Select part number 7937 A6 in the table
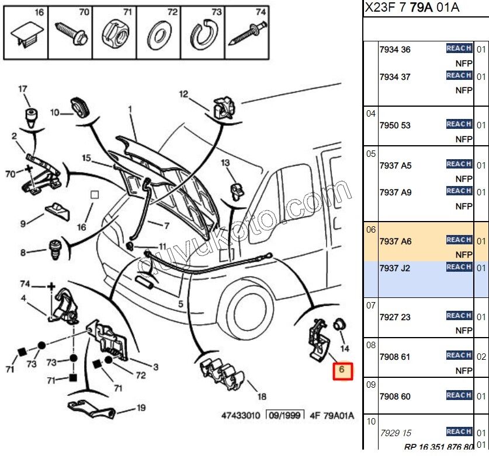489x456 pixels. (x=396, y=241)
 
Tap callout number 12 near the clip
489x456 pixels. (x=183, y=94)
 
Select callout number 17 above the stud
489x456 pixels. (x=23, y=89)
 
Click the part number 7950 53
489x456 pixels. (x=396, y=125)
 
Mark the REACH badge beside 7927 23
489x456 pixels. (x=459, y=316)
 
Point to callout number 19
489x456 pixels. (x=141, y=408)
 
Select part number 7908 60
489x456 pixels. (x=396, y=397)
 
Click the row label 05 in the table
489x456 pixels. (x=371, y=154)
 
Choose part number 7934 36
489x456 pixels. (x=396, y=50)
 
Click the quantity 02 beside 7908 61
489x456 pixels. (x=481, y=356)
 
